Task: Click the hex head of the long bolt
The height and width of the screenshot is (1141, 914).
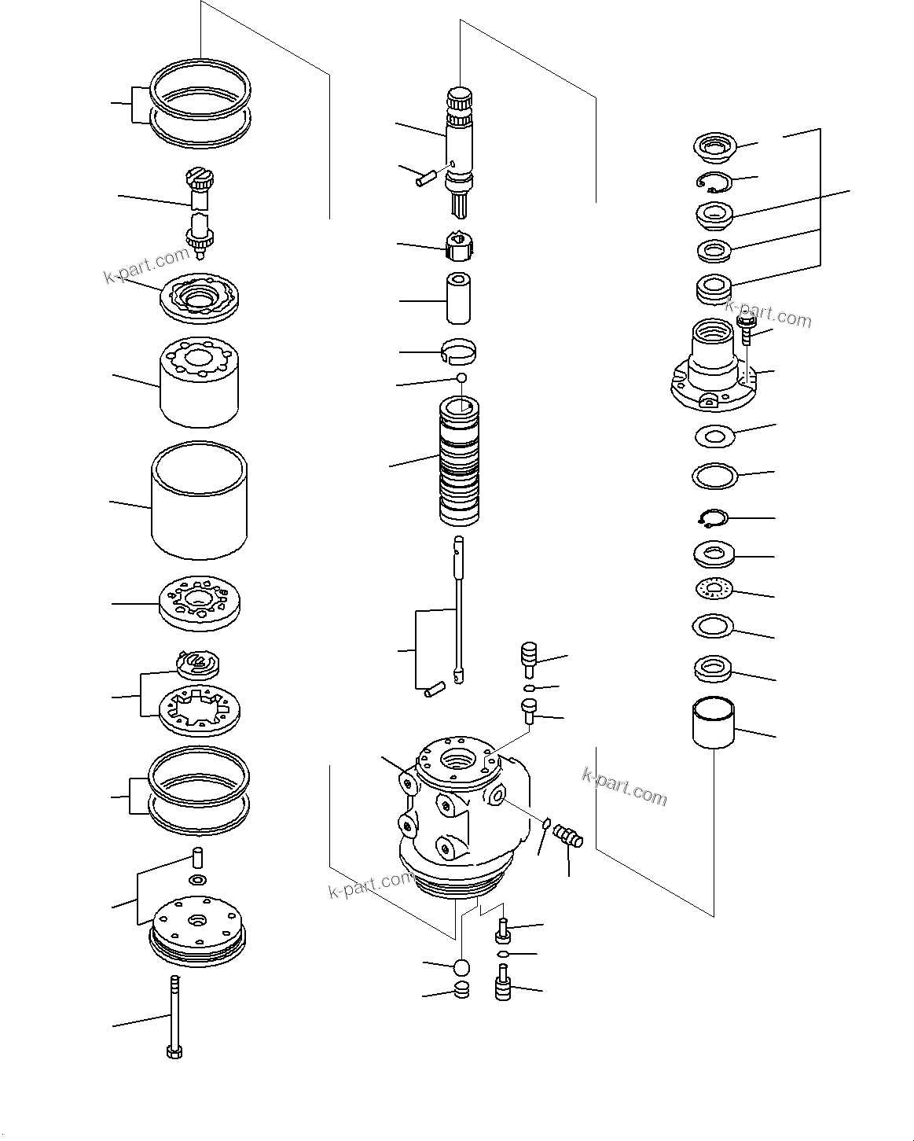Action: [x=174, y=1051]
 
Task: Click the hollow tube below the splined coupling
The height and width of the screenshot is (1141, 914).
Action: [x=459, y=299]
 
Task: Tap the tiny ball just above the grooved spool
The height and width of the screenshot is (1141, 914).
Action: [x=462, y=378]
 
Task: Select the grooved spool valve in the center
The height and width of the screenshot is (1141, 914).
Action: [x=459, y=464]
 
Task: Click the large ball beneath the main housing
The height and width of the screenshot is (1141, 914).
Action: [x=461, y=966]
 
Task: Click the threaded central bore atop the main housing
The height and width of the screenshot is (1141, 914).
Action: [x=458, y=760]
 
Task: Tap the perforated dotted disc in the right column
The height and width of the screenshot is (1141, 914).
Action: [x=714, y=589]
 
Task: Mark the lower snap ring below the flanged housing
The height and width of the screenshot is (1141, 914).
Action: [x=714, y=518]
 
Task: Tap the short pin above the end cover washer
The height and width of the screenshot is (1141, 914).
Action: [x=198, y=856]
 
